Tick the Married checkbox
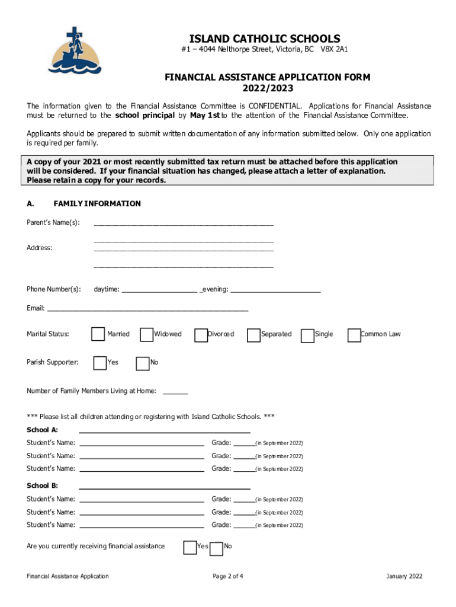[x=98, y=334]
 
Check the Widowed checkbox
[x=146, y=334]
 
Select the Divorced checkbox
[x=201, y=334]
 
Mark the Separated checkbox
[x=254, y=335]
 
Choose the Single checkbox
[x=308, y=336]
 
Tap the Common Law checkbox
[x=354, y=335]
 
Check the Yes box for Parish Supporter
[x=100, y=363]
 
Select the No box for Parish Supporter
[x=143, y=363]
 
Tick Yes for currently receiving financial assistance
[x=190, y=547]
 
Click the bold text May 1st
[x=205, y=116]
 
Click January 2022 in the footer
[x=404, y=576]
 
